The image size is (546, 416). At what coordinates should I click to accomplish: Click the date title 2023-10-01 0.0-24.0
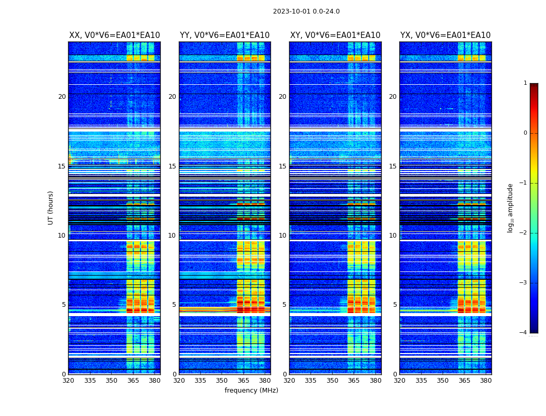pyautogui.click(x=306, y=11)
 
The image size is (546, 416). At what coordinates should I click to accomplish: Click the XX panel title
pyautogui.click(x=114, y=35)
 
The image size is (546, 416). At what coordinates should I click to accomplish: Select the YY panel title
pyautogui.click(x=225, y=35)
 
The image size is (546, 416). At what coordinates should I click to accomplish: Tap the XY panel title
pyautogui.click(x=335, y=35)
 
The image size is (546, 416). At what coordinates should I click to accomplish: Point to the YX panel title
pyautogui.click(x=445, y=35)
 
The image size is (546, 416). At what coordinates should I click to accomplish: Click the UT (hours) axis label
pyautogui.click(x=51, y=207)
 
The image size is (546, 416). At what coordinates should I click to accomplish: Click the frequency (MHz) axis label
pyautogui.click(x=251, y=391)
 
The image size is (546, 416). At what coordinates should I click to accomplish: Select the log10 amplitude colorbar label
pyautogui.click(x=511, y=207)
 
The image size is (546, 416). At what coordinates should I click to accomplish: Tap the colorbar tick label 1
pyautogui.click(x=525, y=83)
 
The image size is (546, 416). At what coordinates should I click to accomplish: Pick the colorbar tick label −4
pyautogui.click(x=524, y=333)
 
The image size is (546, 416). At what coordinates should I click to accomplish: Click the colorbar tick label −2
pyautogui.click(x=524, y=233)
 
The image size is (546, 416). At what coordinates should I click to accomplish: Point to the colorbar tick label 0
pyautogui.click(x=525, y=133)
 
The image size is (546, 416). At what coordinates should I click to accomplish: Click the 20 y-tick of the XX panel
pyautogui.click(x=62, y=97)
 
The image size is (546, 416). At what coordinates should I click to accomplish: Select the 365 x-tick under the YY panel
pyautogui.click(x=243, y=381)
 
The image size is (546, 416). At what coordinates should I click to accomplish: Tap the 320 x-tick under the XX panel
pyautogui.click(x=68, y=381)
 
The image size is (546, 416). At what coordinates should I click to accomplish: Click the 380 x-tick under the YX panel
pyautogui.click(x=486, y=381)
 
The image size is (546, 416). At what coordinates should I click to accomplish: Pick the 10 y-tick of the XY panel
pyautogui.click(x=282, y=236)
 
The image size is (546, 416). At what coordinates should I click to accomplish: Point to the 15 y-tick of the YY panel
pyautogui.click(x=172, y=166)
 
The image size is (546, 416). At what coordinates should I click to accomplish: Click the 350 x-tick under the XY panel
pyautogui.click(x=332, y=381)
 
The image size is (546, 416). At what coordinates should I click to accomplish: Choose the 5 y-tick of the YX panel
pyautogui.click(x=395, y=305)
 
